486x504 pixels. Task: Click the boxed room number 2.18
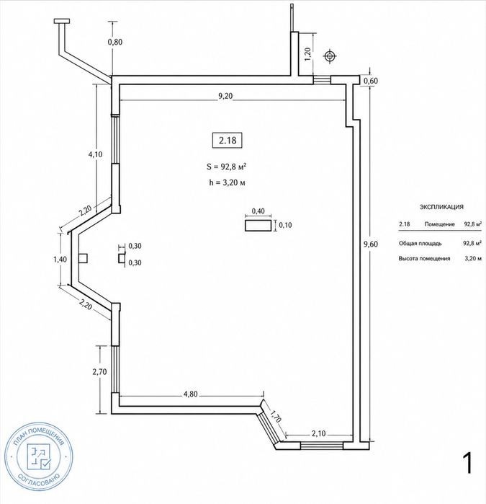pos(228,140)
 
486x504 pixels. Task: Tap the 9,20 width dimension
pos(225,96)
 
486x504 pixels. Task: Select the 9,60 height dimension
pos(370,244)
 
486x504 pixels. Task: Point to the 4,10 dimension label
pos(95,154)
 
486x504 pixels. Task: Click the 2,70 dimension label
pos(99,372)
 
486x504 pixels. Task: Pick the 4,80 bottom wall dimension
pos(190,394)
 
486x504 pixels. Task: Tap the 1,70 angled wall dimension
pos(276,416)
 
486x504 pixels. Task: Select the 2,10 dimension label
pos(318,433)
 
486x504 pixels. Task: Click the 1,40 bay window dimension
pos(60,259)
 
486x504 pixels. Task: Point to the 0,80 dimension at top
pos(115,42)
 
